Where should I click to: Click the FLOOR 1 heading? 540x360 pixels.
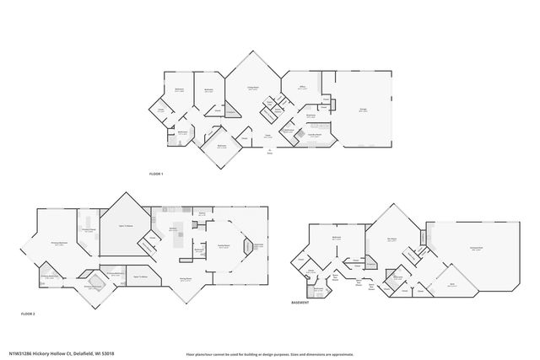[155, 173]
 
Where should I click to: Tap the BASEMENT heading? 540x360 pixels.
[300, 301]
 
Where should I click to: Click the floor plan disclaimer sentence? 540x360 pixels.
[275, 354]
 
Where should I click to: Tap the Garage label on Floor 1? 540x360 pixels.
[362, 110]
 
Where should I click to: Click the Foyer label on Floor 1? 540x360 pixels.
[268, 135]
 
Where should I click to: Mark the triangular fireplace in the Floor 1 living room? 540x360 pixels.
[232, 112]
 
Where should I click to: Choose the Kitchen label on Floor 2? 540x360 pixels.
[172, 228]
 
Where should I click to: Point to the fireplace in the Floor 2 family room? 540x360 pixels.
[248, 246]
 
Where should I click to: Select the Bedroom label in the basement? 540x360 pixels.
[336, 239]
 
